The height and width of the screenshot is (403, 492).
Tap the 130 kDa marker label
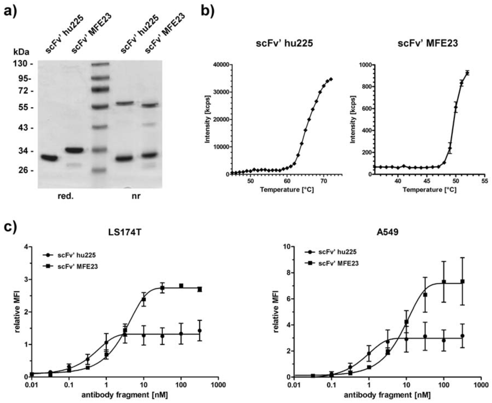[24, 64]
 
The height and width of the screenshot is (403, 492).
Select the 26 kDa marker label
[25, 171]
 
